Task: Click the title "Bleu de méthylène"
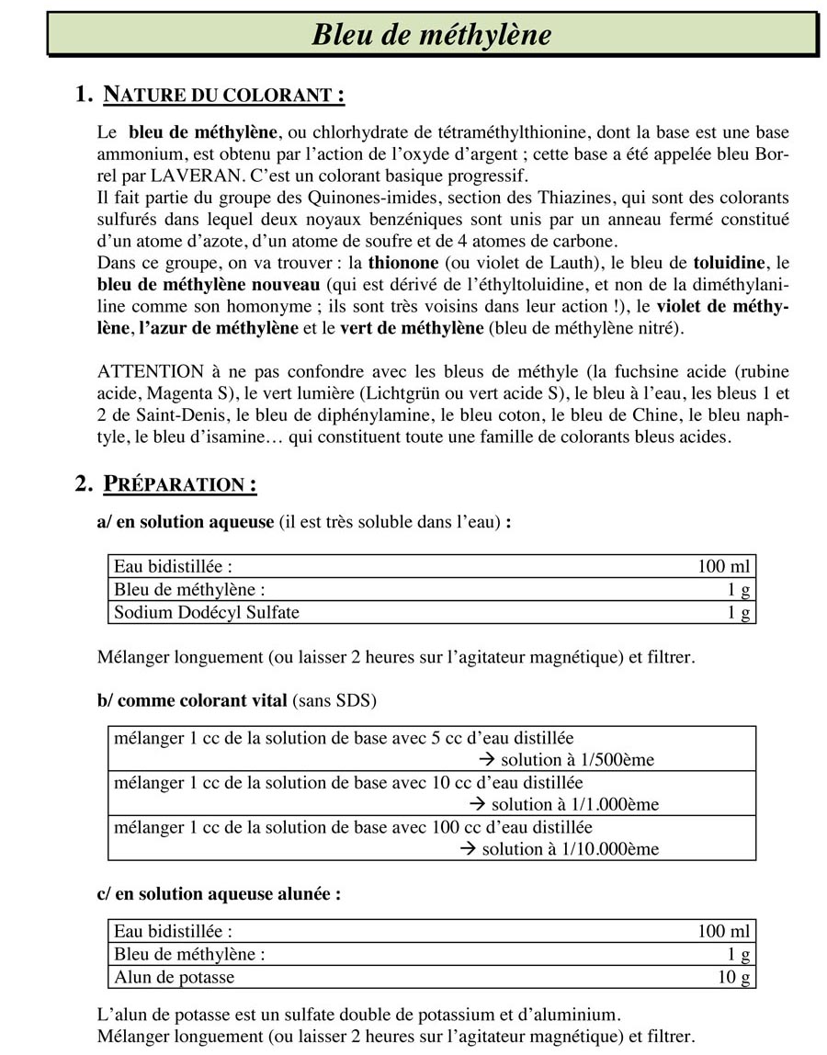click(432, 35)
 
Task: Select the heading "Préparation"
click(179, 483)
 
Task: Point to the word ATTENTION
click(150, 371)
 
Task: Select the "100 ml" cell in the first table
click(724, 566)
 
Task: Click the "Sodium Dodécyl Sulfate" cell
click(207, 612)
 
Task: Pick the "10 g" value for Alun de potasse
click(734, 977)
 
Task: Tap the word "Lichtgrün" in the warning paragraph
click(425, 393)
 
